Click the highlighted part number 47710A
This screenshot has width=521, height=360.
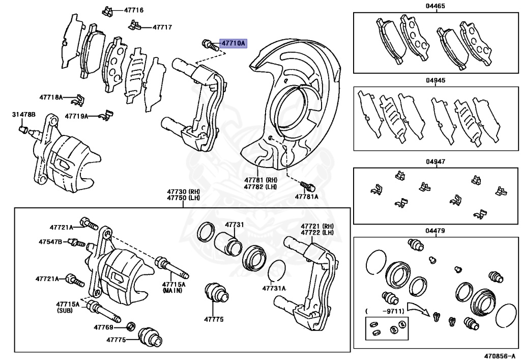[x=233, y=44]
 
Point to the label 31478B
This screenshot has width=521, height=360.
[x=24, y=115]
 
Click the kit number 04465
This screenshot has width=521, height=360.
[x=435, y=7]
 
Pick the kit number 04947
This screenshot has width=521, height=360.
[x=435, y=162]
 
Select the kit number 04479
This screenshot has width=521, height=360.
[x=435, y=231]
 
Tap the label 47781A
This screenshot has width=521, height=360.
[x=306, y=196]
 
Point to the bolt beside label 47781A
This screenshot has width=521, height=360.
[x=305, y=185]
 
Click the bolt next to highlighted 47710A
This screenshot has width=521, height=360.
[x=209, y=44]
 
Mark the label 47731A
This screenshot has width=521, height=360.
[x=274, y=288]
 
